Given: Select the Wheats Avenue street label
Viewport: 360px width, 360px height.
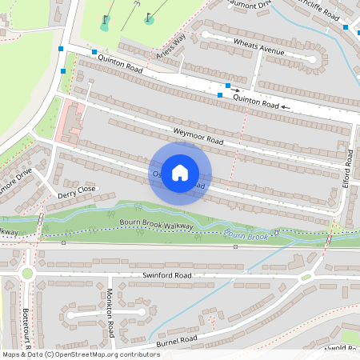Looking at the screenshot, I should [258, 47].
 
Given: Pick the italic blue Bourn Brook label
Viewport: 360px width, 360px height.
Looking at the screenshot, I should [248, 234].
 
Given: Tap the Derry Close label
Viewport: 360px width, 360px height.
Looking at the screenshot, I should [76, 191].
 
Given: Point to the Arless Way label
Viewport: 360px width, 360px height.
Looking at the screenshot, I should [171, 47].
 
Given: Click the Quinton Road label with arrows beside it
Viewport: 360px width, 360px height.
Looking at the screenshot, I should [255, 101].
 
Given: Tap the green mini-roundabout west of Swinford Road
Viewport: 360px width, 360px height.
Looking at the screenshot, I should [27, 274].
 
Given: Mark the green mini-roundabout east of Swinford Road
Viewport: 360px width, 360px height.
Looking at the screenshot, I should [306, 278].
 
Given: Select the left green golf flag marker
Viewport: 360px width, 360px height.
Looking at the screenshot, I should [104, 26].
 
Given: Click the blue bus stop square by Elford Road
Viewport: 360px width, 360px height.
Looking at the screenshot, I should [346, 27].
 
